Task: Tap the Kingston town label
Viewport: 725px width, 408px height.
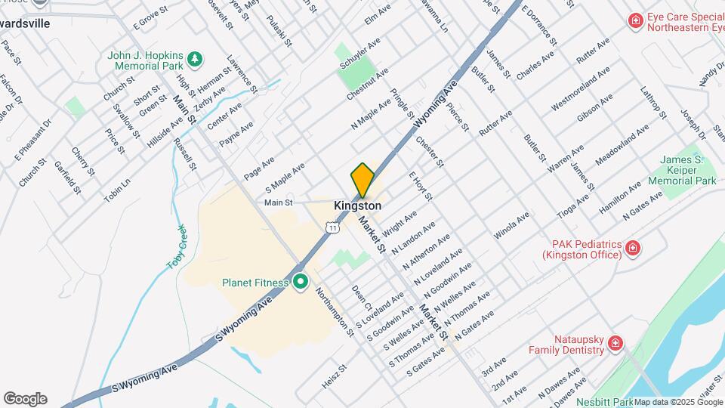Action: [x=357, y=206]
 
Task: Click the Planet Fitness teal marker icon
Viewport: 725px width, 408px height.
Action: [x=301, y=282]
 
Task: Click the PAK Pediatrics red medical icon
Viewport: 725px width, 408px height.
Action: [x=633, y=248]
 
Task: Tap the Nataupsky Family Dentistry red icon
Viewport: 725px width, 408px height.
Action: [x=615, y=344]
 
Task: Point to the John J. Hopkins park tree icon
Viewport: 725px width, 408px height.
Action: [x=195, y=57]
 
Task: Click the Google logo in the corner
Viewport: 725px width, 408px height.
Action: [x=25, y=398]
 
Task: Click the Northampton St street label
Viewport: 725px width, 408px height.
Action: [x=334, y=311]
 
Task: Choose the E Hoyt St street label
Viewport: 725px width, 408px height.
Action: [x=420, y=186]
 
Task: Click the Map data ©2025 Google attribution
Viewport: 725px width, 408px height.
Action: [x=678, y=402]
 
